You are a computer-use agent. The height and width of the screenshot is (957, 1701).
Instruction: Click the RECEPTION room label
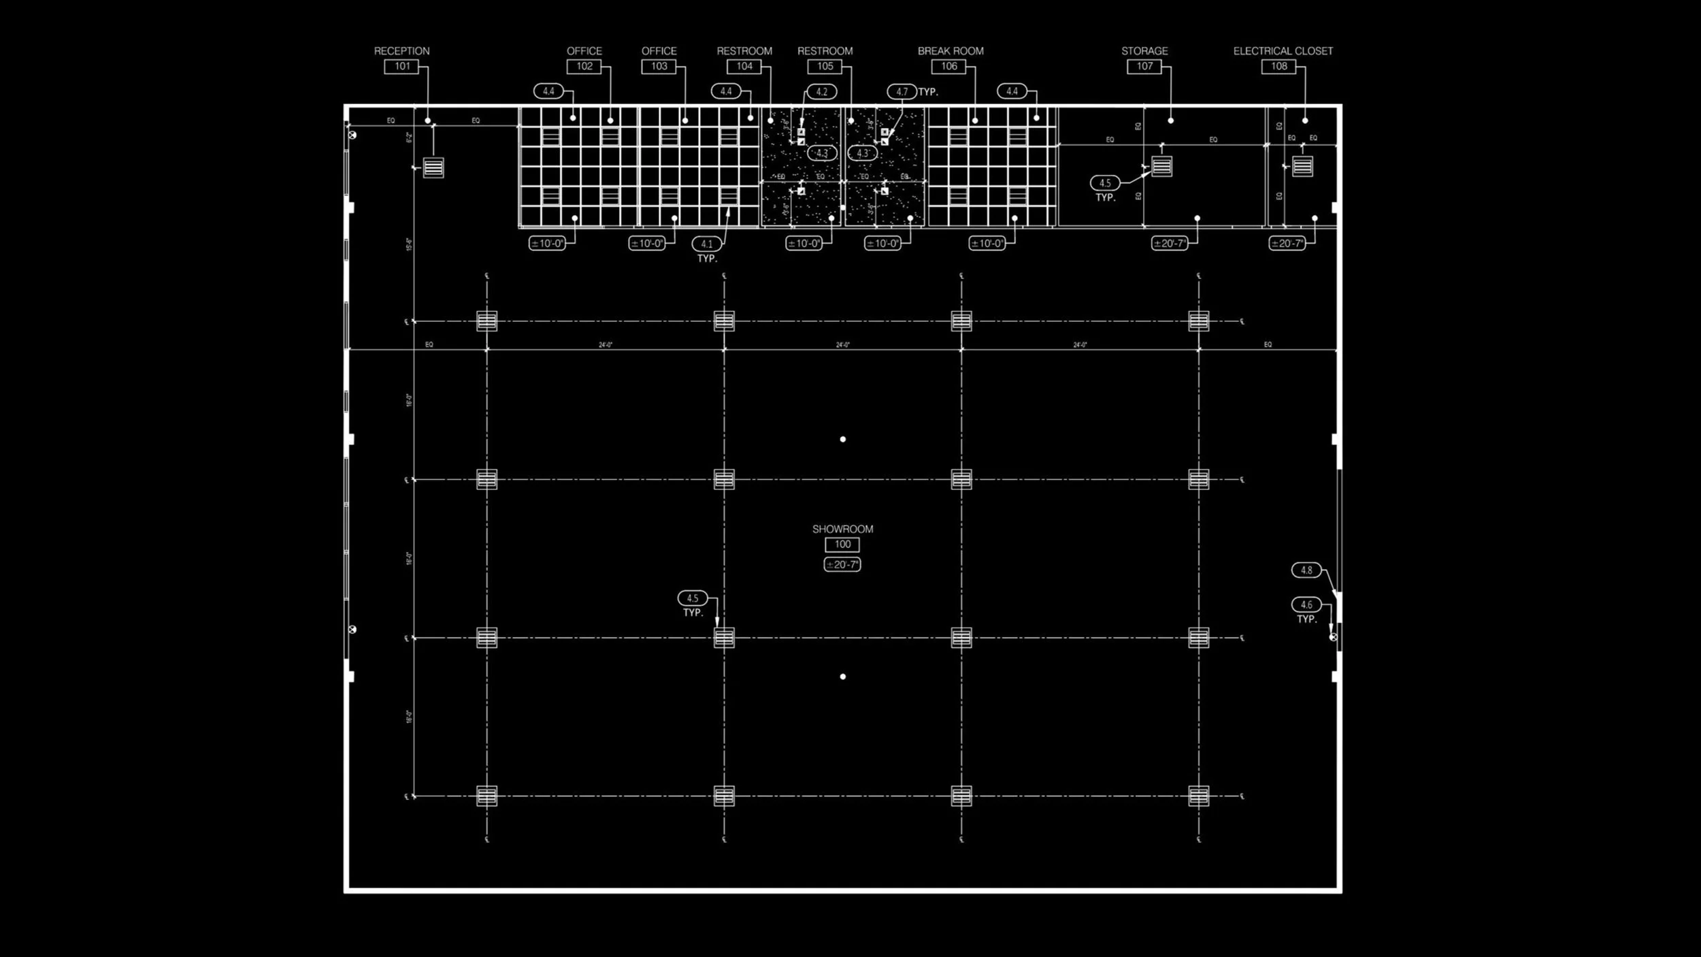click(x=401, y=51)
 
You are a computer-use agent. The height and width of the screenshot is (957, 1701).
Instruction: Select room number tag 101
click(x=401, y=67)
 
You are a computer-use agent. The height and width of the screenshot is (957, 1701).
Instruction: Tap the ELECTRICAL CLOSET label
click(x=1283, y=51)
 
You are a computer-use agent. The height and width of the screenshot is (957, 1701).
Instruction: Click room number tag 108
click(x=1278, y=67)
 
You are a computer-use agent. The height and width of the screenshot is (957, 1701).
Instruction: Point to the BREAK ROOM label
click(x=950, y=51)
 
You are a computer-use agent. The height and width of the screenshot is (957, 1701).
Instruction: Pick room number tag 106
click(x=948, y=67)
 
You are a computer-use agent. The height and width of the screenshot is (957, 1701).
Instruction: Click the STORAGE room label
click(x=1144, y=51)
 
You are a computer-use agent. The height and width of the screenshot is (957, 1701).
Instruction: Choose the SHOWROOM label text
click(x=842, y=529)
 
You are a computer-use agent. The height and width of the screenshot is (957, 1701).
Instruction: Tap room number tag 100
click(x=842, y=545)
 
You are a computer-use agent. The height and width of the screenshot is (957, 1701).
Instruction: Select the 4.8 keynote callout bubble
click(x=1306, y=570)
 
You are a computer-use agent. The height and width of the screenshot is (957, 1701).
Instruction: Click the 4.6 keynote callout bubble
click(x=1306, y=604)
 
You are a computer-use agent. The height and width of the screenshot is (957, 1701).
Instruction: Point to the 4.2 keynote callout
click(x=821, y=92)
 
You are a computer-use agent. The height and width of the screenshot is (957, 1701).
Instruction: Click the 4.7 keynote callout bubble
click(x=902, y=92)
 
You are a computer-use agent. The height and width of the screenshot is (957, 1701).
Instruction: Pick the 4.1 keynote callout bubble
click(x=707, y=244)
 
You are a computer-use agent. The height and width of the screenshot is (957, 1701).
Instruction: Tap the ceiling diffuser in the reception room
click(x=433, y=167)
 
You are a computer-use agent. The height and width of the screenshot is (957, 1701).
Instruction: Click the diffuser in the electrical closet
click(x=1302, y=166)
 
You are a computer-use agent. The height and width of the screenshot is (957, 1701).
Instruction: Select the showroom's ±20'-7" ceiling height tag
click(x=842, y=564)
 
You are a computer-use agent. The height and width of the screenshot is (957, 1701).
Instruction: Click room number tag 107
click(x=1144, y=67)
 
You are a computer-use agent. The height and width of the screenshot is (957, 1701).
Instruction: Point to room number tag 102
click(x=584, y=67)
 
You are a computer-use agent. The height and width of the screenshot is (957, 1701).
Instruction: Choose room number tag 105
click(x=825, y=67)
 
